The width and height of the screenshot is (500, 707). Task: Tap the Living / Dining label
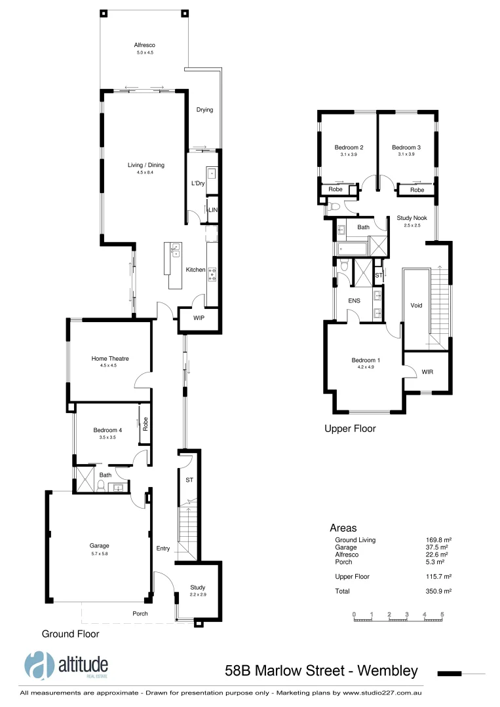tap(145, 166)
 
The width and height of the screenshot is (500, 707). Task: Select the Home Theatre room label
tap(109, 359)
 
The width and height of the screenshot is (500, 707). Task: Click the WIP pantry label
tap(200, 318)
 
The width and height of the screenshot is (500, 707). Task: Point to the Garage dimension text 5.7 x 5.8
tap(99, 553)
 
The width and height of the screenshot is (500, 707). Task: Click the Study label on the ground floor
tap(197, 587)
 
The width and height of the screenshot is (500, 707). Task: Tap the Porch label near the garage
tap(140, 613)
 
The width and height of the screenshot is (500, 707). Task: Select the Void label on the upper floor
tap(416, 305)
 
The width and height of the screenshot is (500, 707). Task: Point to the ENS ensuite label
tap(355, 300)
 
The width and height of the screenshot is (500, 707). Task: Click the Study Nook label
tap(412, 218)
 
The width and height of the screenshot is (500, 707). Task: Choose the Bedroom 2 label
tap(349, 147)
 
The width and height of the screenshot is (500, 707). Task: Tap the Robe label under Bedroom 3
tap(417, 190)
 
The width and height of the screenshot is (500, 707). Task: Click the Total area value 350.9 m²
tap(439, 591)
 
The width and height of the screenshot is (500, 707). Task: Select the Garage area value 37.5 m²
tap(436, 547)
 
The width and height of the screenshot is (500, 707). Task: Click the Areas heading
tap(343, 528)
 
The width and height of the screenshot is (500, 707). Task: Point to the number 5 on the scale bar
tap(442, 614)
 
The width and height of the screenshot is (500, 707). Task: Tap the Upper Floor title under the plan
tap(350, 429)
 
